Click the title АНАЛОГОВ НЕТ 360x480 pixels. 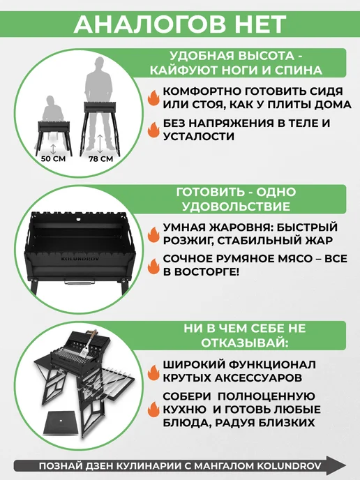click(180, 24)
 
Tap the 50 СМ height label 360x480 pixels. click(53, 159)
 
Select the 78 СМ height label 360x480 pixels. click(100, 159)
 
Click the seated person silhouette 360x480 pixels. click(52, 110)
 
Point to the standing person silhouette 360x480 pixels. click(98, 101)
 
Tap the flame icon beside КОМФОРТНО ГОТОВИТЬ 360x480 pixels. click(153, 98)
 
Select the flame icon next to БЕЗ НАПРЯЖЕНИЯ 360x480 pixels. click(153, 130)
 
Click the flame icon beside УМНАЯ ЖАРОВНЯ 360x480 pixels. click(153, 234)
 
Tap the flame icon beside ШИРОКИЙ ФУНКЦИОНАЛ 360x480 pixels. click(153, 371)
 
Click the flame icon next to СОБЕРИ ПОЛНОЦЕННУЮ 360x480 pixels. click(153, 410)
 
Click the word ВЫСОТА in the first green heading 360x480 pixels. click(260, 56)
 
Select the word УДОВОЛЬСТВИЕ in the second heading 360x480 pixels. click(236, 206)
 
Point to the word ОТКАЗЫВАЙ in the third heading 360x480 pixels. click(243, 343)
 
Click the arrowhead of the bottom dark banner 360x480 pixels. click(338, 465)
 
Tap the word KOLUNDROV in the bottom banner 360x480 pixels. click(289, 466)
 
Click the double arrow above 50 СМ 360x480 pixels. click(53, 149)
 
